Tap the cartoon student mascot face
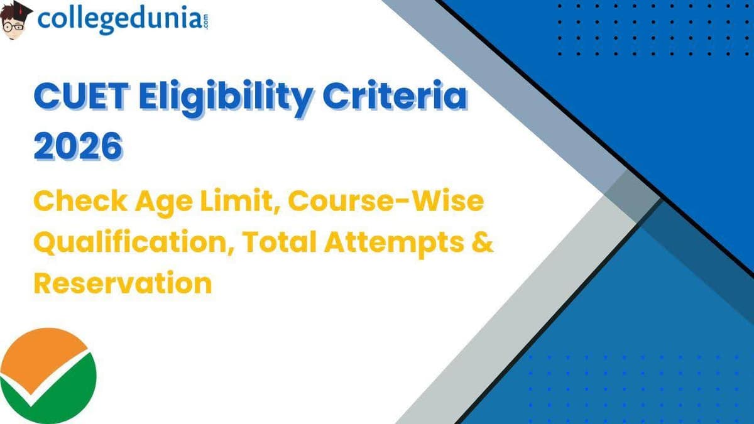(x=16, y=23)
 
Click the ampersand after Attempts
(x=483, y=243)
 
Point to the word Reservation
(x=123, y=283)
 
